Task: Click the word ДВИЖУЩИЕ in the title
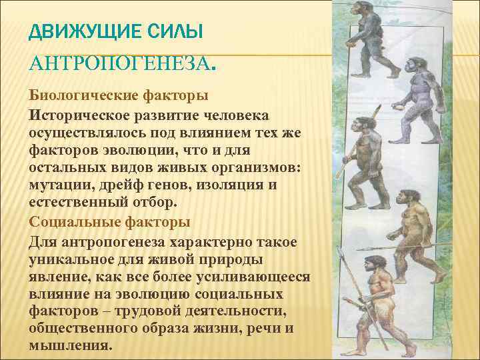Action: pos(79,31)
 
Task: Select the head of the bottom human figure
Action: pos(371,261)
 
